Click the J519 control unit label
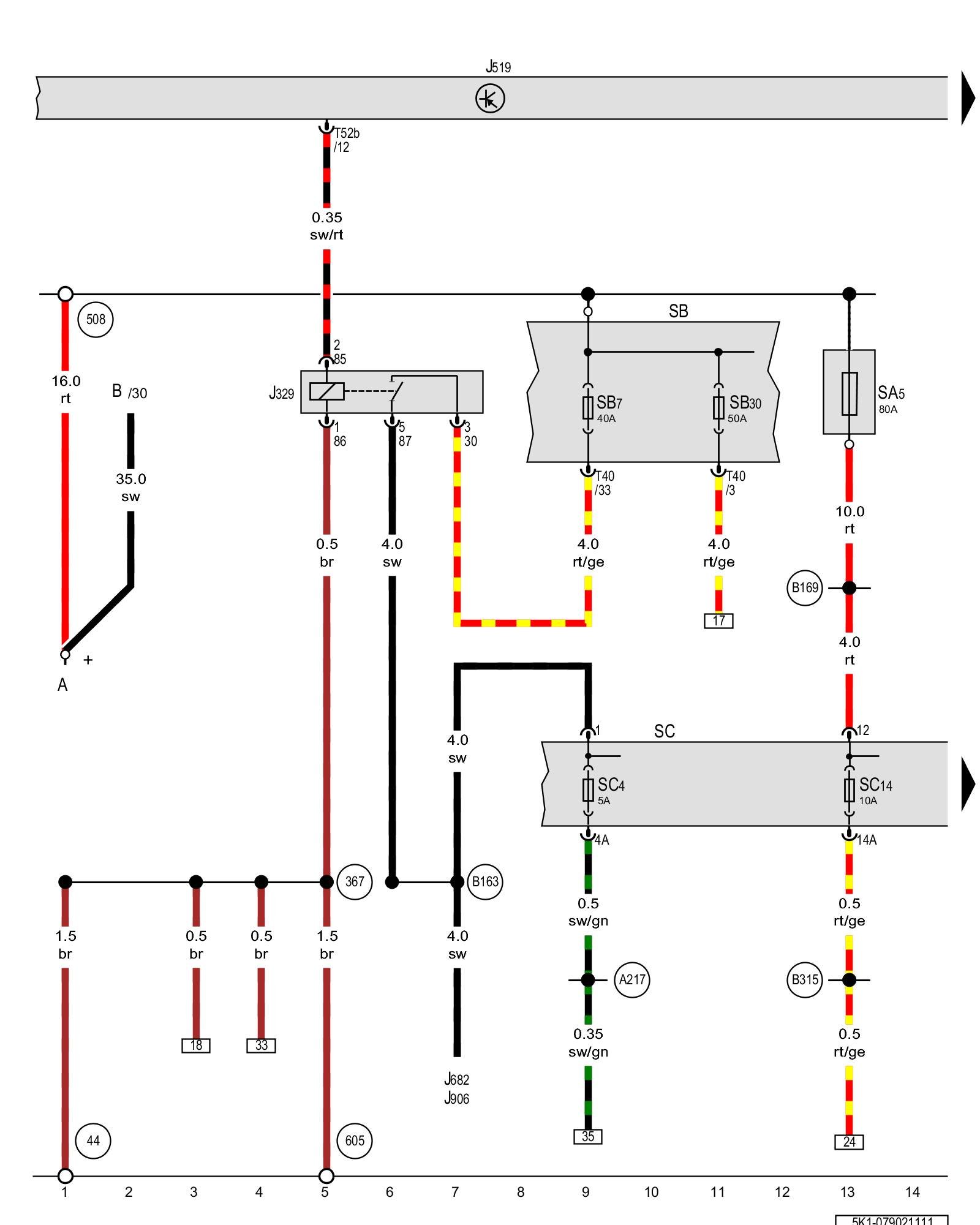click(x=498, y=67)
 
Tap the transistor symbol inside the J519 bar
click(x=490, y=99)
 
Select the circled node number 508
click(x=96, y=319)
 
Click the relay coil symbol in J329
click(x=326, y=391)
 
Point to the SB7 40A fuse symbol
click(x=588, y=407)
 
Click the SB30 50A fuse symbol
click(x=718, y=407)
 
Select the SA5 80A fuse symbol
click(x=849, y=393)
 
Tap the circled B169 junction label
click(x=804, y=588)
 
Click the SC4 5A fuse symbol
click(x=588, y=790)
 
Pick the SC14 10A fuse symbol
click(x=849, y=790)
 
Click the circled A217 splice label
click(x=632, y=980)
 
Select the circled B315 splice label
click(x=804, y=980)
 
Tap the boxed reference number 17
click(x=718, y=620)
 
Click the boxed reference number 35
click(x=588, y=1137)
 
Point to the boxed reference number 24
click(x=849, y=1142)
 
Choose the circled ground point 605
click(x=355, y=1140)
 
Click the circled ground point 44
click(x=93, y=1140)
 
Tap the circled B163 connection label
click(x=485, y=882)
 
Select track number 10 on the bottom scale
click(x=651, y=1192)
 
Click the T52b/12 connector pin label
click(x=346, y=140)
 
